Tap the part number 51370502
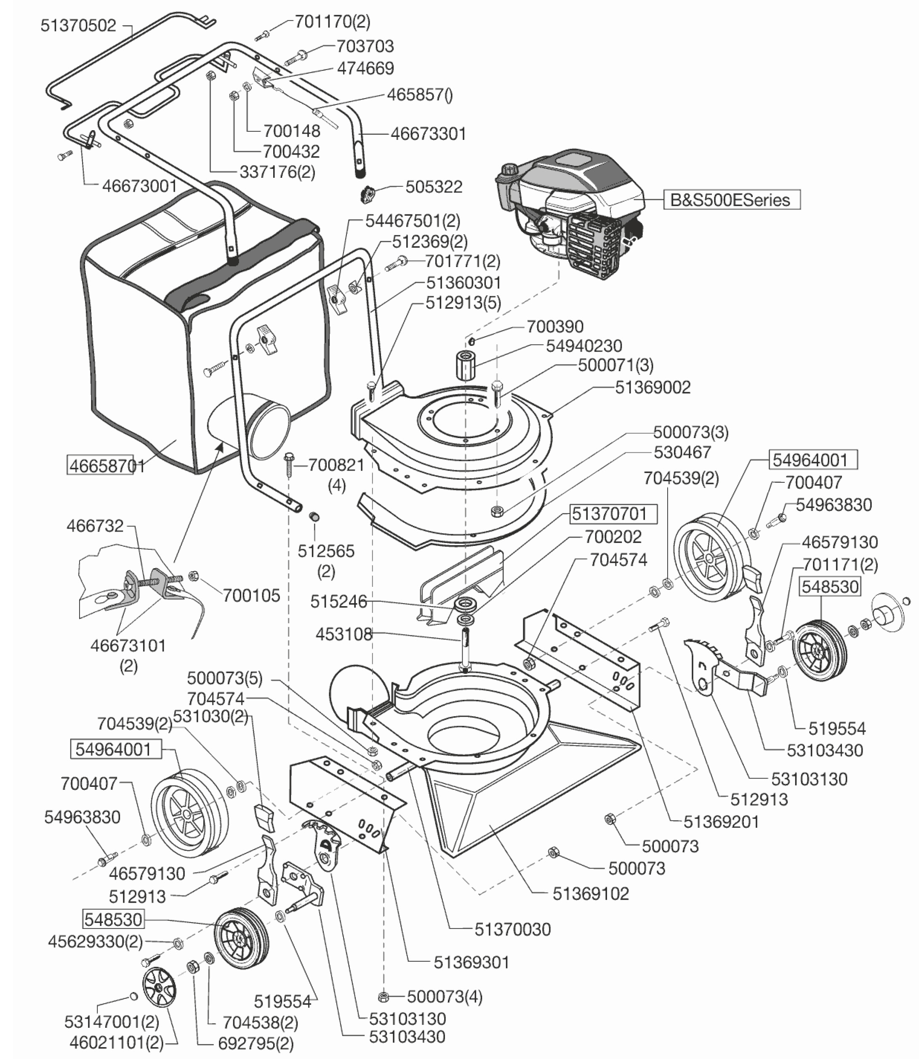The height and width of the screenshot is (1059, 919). tap(78, 26)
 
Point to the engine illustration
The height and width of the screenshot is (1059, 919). tap(569, 210)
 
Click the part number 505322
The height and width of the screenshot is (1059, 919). tap(434, 187)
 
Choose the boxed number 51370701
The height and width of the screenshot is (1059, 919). tap(613, 513)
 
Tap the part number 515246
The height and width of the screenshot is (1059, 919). tap(338, 602)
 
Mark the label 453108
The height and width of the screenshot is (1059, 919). tap(344, 634)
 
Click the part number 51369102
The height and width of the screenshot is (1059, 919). tap(590, 893)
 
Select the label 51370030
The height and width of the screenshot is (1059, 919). tap(512, 929)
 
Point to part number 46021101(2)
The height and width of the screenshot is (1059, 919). tap(117, 1042)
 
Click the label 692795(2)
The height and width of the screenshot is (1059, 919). tap(256, 1043)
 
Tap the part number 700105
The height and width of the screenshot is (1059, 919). tap(251, 595)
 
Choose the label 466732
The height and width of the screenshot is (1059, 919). tap(96, 526)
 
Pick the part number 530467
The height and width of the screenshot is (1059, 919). tap(682, 452)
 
